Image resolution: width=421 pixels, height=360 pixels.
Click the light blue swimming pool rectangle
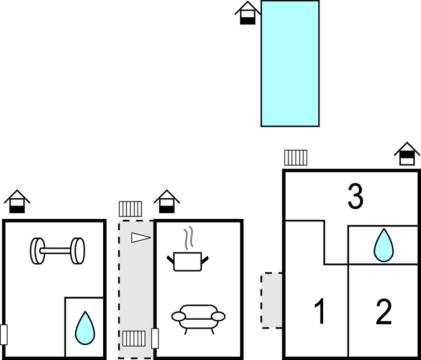click(290, 63)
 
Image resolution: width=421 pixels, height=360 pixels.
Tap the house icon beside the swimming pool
click(248, 13)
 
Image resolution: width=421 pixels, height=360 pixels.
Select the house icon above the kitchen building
click(166, 202)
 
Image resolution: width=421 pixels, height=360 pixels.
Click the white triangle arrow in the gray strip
click(140, 237)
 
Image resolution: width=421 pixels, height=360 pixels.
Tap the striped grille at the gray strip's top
click(130, 209)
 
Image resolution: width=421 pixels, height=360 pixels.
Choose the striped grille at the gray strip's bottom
click(133, 338)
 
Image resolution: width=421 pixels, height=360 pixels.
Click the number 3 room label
click(355, 197)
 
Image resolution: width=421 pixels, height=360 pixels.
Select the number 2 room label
click(383, 311)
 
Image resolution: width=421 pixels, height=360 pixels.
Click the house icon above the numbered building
click(407, 154)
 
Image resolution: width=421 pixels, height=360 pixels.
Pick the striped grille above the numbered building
click(296, 158)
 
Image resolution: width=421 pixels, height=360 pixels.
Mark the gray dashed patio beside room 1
click(272, 300)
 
